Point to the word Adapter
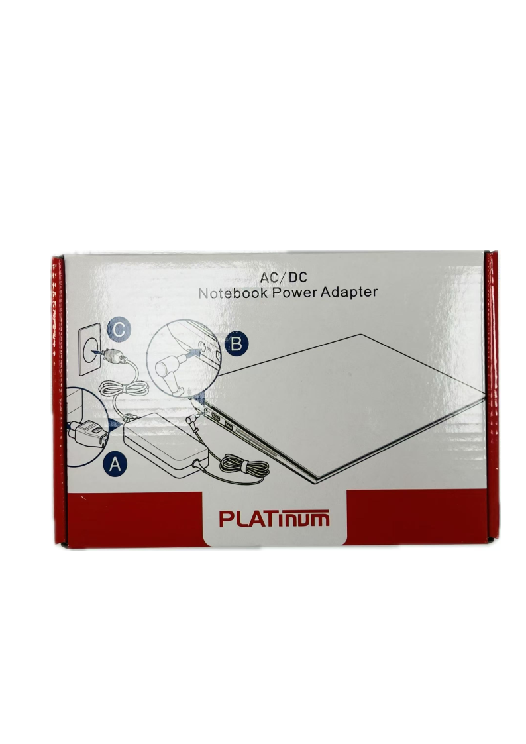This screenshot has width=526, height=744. [348, 292]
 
